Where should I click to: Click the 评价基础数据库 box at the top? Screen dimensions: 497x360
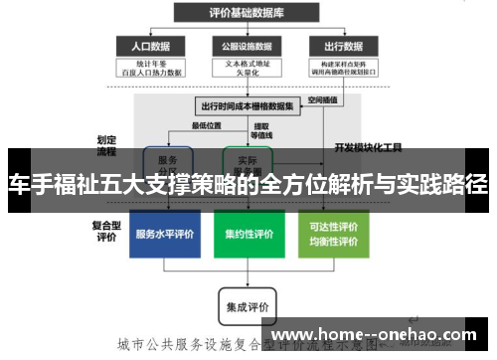248,12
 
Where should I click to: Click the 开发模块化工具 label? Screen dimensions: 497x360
369,147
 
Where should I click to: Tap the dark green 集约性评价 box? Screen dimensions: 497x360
248,235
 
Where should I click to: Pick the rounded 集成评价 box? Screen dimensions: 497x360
248,305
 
